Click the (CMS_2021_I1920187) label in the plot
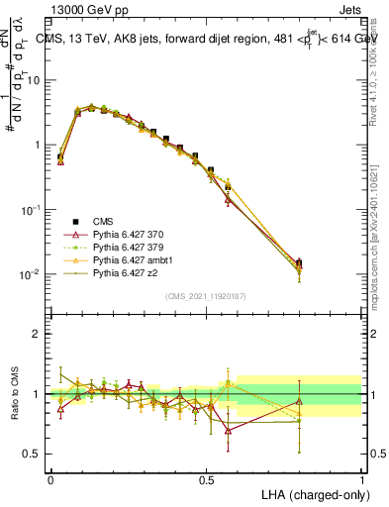pyautogui.click(x=206, y=296)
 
